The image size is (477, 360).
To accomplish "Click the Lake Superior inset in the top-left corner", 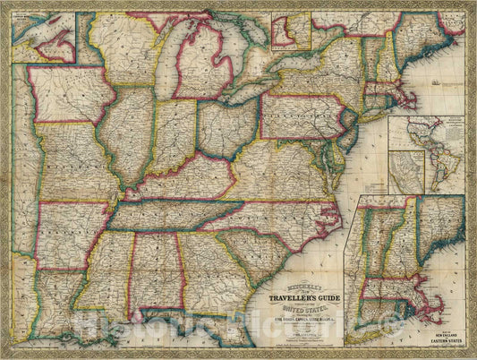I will click(43, 32).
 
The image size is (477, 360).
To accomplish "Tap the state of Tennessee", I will click(175, 215).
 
